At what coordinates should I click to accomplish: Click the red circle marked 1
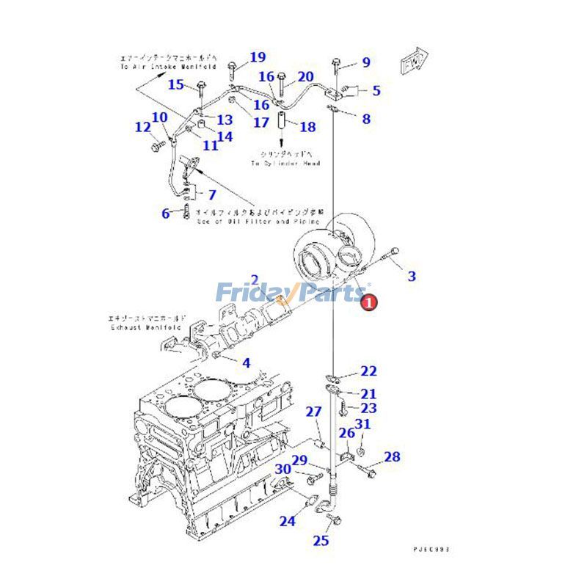click(x=370, y=300)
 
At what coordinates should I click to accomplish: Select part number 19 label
click(x=257, y=57)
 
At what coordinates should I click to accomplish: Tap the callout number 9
click(x=365, y=62)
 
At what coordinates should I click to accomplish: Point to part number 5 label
click(x=376, y=91)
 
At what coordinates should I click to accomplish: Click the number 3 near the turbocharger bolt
click(x=412, y=276)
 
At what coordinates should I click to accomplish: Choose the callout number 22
click(x=368, y=371)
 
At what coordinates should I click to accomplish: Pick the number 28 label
click(x=392, y=457)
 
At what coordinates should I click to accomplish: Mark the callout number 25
click(x=321, y=541)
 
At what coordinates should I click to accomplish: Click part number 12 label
click(x=142, y=128)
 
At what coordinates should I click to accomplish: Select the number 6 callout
click(x=166, y=214)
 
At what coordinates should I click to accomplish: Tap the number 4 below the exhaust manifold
click(x=246, y=362)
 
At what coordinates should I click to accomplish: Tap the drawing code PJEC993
click(x=430, y=548)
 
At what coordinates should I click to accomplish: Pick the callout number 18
click(x=307, y=127)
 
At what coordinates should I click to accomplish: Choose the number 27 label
click(x=313, y=412)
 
